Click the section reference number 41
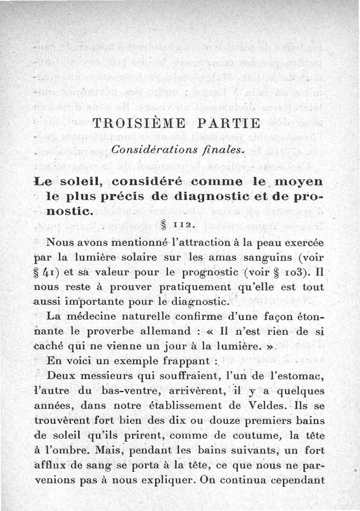pos(54,273)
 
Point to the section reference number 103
pos(293,273)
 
